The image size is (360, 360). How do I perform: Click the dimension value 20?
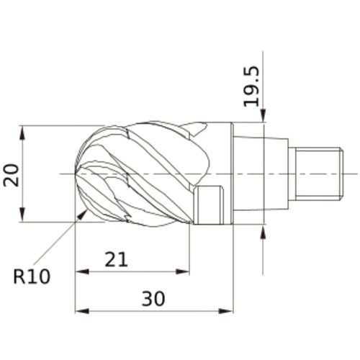coord(11,174)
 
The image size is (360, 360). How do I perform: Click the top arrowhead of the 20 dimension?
coord(23,132)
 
